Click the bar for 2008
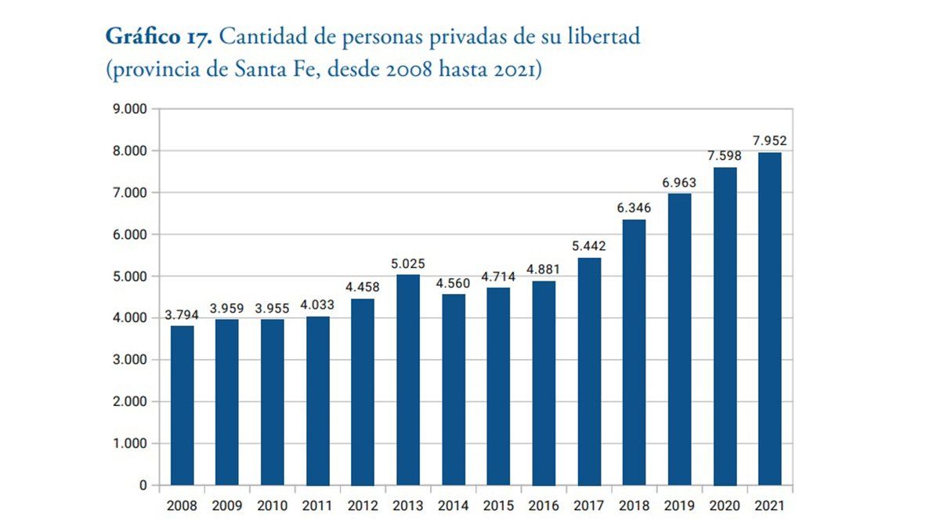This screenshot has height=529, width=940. click(183, 405)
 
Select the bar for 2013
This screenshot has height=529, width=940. click(408, 380)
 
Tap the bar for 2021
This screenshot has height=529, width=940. click(769, 319)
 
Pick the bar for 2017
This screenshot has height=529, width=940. click(589, 371)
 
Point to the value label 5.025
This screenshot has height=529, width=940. click(408, 264)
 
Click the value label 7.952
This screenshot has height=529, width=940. click(769, 142)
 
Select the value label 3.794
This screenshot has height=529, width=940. click(182, 315)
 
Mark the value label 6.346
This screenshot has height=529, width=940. click(634, 209)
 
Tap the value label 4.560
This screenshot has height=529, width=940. click(454, 284)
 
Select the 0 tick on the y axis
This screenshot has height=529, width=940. click(143, 485)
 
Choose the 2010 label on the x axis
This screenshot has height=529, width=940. click(273, 505)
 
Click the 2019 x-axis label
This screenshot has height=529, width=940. click(679, 505)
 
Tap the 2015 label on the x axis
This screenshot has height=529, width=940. click(498, 505)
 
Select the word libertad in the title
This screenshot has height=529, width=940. click(602, 37)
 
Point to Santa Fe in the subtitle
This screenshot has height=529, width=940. click(266, 69)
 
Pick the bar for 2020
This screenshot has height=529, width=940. click(725, 326)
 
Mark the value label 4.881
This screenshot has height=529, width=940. click(544, 270)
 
